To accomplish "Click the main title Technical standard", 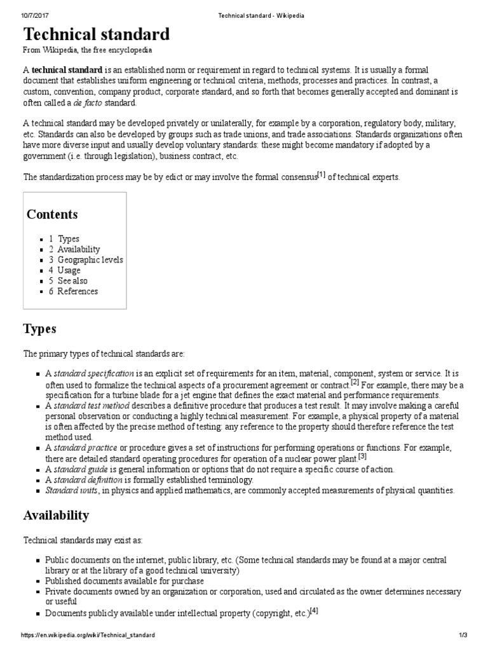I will point(97,34).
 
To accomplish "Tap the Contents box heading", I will point(52,214).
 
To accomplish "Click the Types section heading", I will point(39,329).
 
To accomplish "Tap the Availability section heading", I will point(56,515).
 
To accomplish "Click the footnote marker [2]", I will point(355,382).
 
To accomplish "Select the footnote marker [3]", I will point(362,456).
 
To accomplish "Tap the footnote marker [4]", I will point(313,611).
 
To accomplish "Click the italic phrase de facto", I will point(87,103).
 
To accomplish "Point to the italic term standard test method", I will point(91,406).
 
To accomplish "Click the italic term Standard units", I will point(71,490).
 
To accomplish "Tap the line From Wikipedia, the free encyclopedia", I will point(88,50).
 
